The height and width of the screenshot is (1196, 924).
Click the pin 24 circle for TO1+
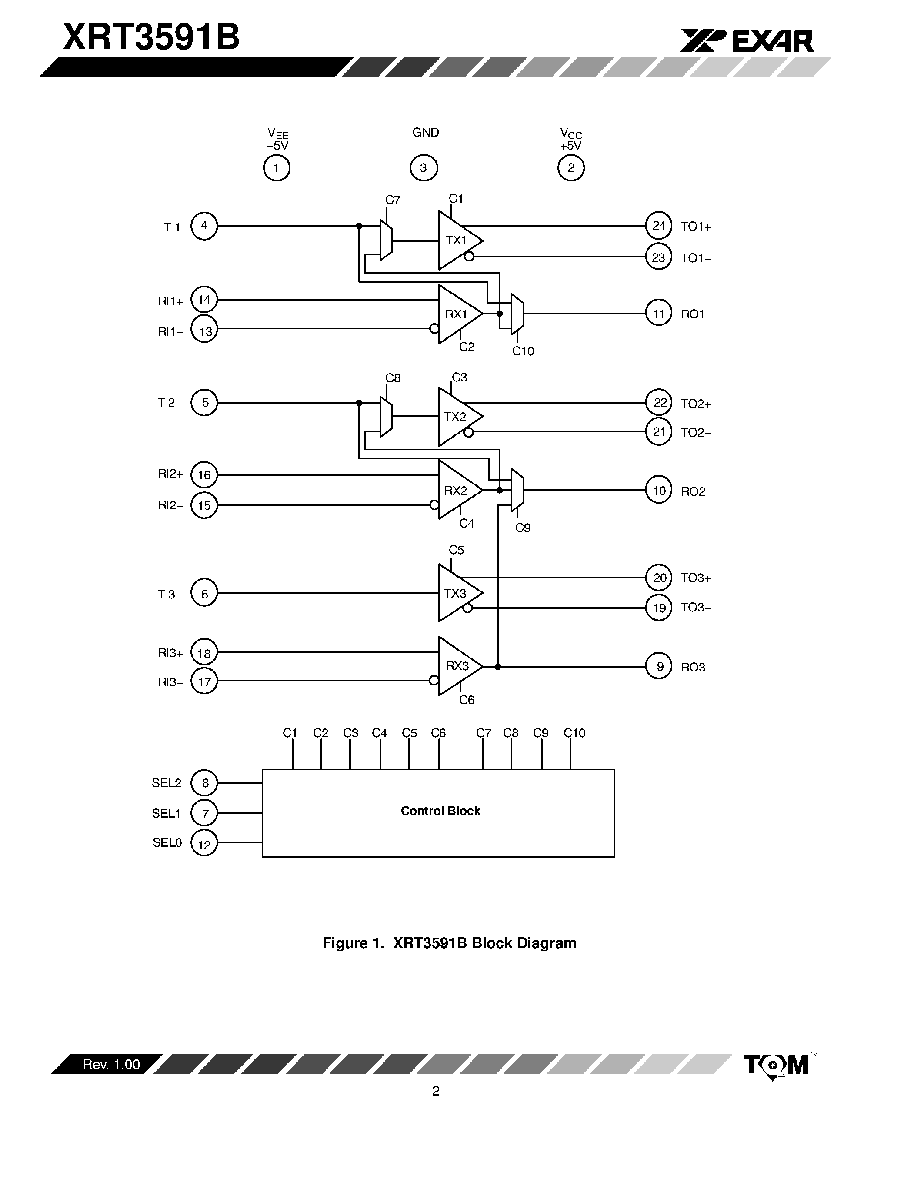[658, 226]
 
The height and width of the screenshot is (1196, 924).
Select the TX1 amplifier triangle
[457, 241]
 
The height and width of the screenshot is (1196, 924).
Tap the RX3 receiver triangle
[457, 666]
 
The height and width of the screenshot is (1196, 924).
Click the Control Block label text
[440, 811]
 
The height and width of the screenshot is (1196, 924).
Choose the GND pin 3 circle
[423, 168]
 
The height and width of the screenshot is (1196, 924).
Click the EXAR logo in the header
[747, 41]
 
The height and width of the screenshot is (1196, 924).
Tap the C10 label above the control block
[574, 733]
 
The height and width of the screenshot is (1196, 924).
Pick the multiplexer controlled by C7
[387, 241]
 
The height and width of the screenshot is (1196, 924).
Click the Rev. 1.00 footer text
[111, 1064]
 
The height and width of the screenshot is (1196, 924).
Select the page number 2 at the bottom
[436, 1092]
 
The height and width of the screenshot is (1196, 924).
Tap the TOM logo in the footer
[776, 1065]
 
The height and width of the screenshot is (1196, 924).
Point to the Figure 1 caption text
[449, 943]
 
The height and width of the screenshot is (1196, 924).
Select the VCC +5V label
[570, 139]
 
